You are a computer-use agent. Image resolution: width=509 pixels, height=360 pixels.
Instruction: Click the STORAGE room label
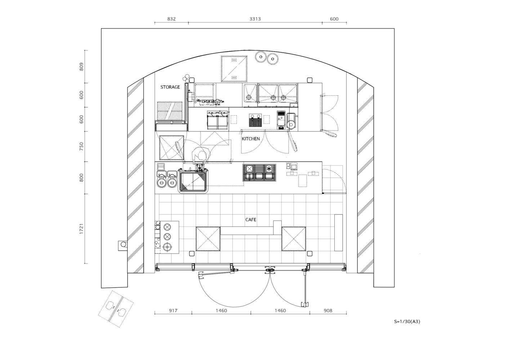pos(170,87)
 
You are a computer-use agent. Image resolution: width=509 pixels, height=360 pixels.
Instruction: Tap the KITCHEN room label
pos(251,139)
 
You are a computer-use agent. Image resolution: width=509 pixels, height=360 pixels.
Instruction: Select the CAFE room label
pos(251,220)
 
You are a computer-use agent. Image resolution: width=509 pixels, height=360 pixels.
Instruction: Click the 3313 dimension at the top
pos(255,19)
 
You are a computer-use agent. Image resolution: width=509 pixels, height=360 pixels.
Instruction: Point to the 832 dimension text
pos(171,19)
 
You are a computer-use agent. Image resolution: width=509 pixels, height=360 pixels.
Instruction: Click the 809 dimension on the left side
pos(81,67)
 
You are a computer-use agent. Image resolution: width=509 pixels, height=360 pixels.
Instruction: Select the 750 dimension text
pos(81,146)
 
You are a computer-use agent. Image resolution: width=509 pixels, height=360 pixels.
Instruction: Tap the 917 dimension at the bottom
pos(173,310)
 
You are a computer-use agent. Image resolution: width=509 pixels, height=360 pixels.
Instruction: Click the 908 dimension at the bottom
pos(328,310)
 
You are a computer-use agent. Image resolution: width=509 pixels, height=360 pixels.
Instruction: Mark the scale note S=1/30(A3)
pos(407,321)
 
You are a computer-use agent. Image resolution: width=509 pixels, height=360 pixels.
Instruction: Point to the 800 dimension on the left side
pos(81,177)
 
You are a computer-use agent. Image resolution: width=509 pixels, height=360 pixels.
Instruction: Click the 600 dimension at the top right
pos(334,19)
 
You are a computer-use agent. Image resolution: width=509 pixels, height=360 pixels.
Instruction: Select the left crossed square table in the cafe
pos(208,239)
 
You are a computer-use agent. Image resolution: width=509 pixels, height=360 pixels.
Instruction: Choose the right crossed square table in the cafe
pos(294,239)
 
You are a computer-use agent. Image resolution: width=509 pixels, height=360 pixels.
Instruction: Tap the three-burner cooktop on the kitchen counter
pos(259,172)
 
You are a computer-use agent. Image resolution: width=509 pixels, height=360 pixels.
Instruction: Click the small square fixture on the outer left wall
pos(123,245)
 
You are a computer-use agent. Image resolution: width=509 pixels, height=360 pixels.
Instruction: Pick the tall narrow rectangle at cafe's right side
pos(338,233)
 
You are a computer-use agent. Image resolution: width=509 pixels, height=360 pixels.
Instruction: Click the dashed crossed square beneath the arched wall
pos(234,68)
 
